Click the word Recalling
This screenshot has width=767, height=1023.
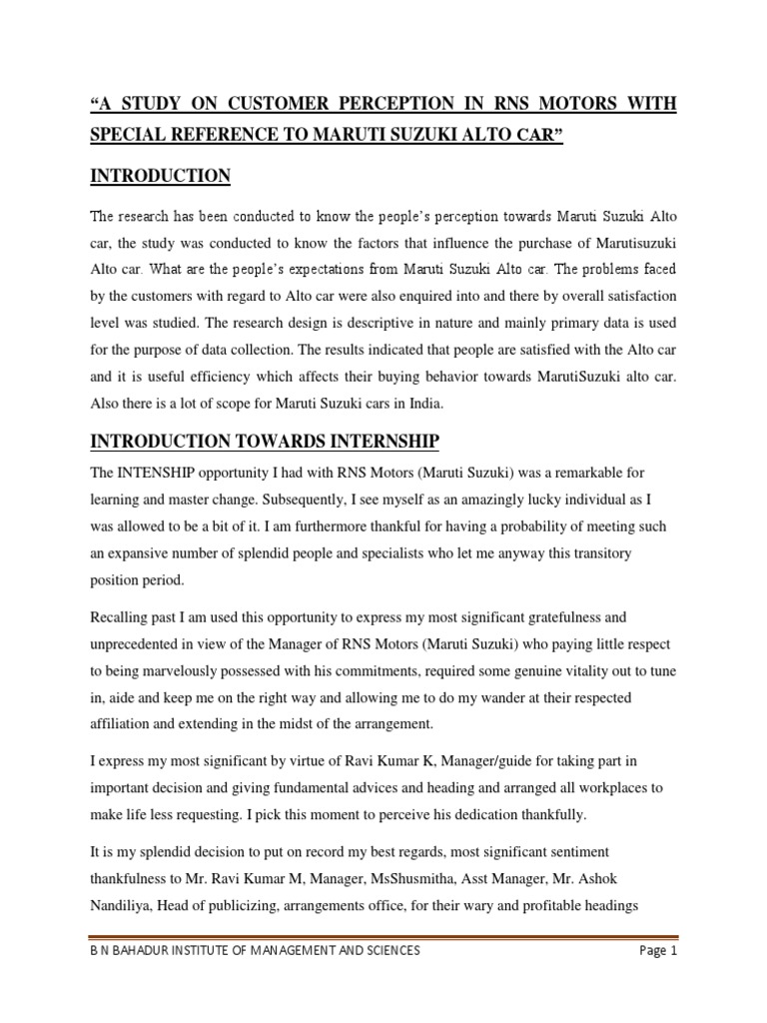pos(122,618)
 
